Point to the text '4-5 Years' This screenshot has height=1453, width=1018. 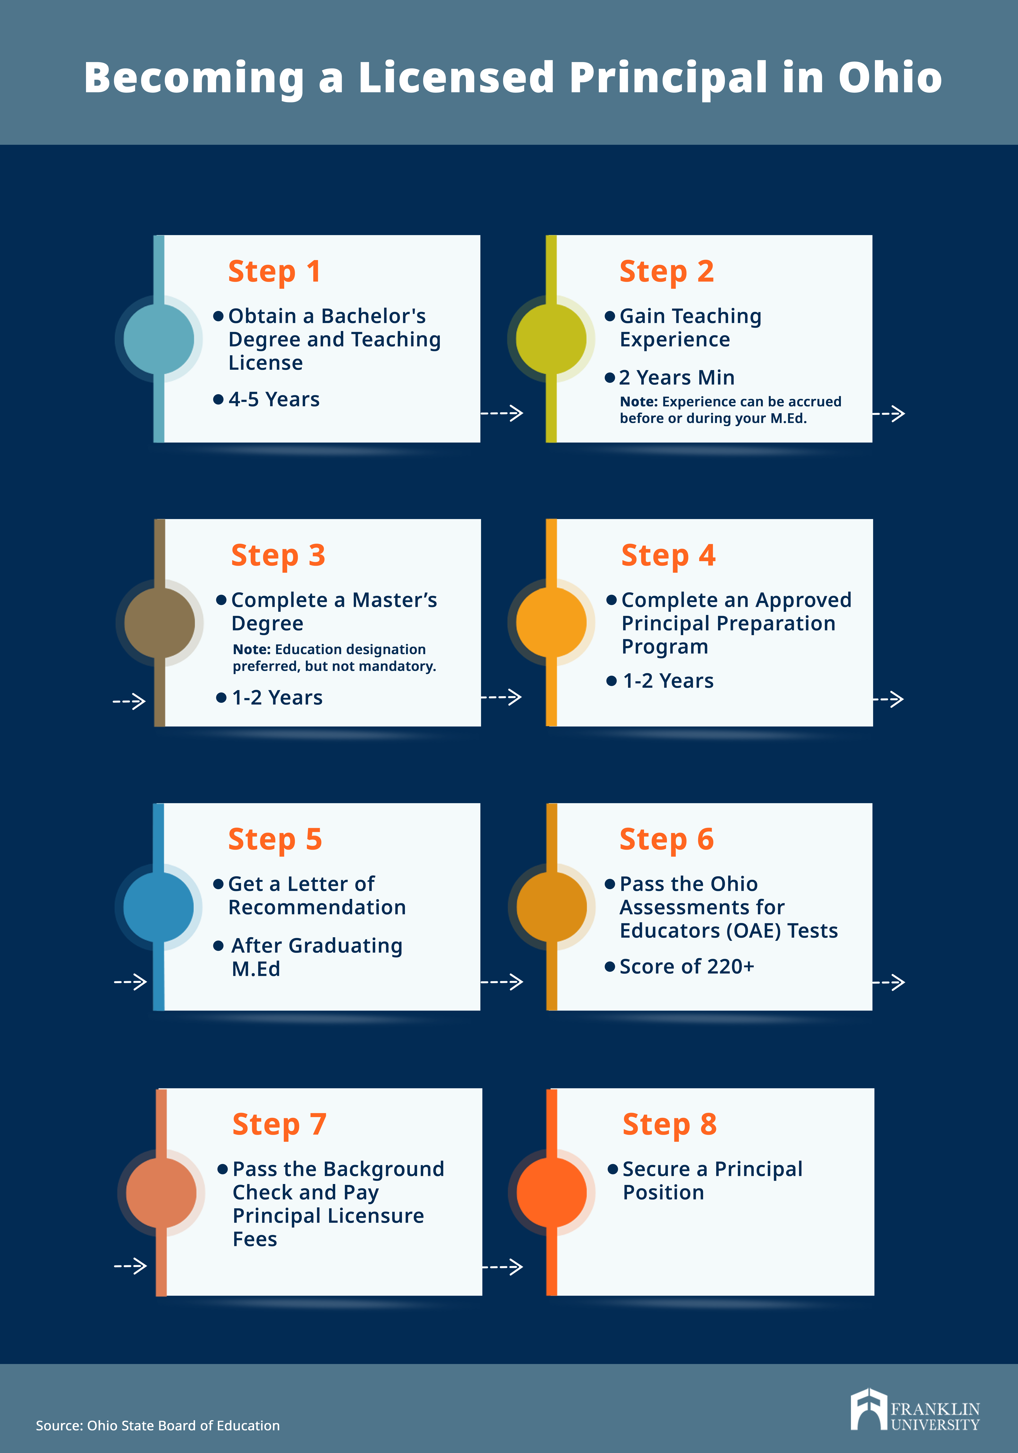pos(274,399)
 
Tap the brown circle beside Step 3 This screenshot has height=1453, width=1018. pos(159,623)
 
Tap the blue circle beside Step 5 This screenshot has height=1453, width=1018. pos(158,907)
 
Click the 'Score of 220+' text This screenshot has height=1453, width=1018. pos(687,966)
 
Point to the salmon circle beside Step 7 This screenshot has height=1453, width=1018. pos(161,1192)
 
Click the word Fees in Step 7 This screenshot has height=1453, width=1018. pos(255,1239)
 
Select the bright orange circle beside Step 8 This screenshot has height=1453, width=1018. pos(552,1192)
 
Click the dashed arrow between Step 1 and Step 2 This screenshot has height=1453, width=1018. pos(502,413)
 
